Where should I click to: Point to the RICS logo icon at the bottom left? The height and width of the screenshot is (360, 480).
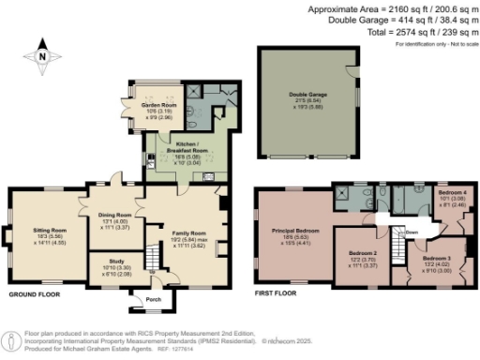[x=11, y=340]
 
